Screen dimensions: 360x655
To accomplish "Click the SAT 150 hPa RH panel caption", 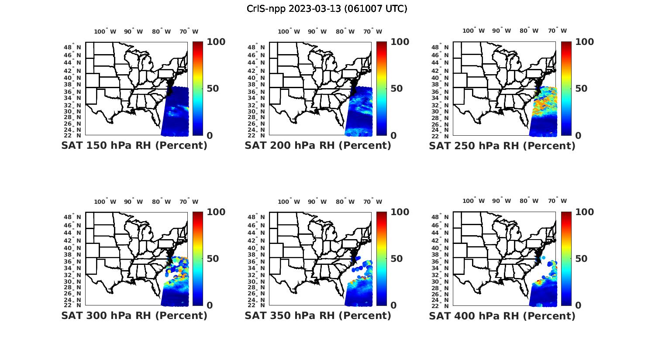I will tap(134, 146).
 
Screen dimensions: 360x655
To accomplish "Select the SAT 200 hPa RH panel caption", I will tap(318, 146).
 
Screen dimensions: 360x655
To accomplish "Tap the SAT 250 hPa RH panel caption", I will tap(502, 146).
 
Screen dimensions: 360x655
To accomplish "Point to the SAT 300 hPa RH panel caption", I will tap(134, 315).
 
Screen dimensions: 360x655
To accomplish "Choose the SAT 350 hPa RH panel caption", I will tap(318, 315).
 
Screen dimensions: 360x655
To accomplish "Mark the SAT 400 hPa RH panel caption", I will tap(502, 315).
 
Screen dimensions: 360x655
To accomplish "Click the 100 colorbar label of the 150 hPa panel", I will tap(216, 42).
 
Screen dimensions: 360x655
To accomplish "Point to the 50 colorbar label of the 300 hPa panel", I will tap(213, 259).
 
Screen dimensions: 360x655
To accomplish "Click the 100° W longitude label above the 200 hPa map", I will tap(289, 31).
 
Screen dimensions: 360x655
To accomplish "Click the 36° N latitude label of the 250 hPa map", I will tap(441, 92).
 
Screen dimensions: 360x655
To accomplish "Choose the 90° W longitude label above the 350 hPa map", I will tap(317, 202).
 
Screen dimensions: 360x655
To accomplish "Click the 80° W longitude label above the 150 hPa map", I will tap(162, 31).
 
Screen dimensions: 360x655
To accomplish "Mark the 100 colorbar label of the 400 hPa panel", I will tap(585, 212).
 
